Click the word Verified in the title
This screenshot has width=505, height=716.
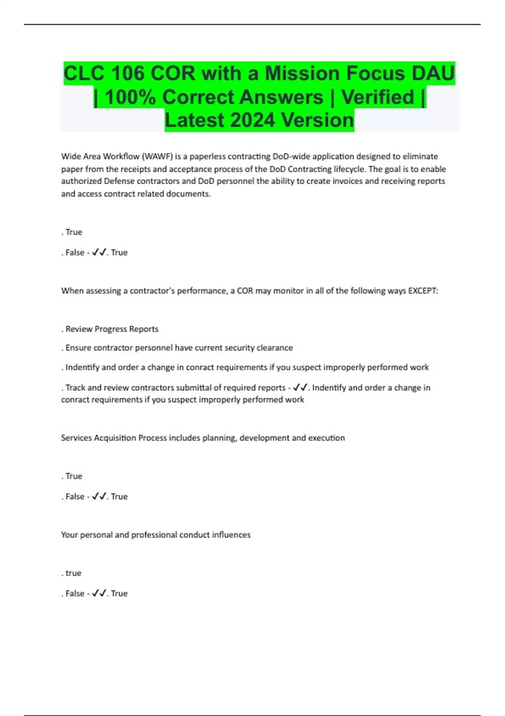coord(377,97)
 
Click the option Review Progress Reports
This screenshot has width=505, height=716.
coord(112,329)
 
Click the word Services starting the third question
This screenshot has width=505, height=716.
coord(76,438)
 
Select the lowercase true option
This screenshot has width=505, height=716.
coord(73,573)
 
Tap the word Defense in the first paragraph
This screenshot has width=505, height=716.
coord(119,182)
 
